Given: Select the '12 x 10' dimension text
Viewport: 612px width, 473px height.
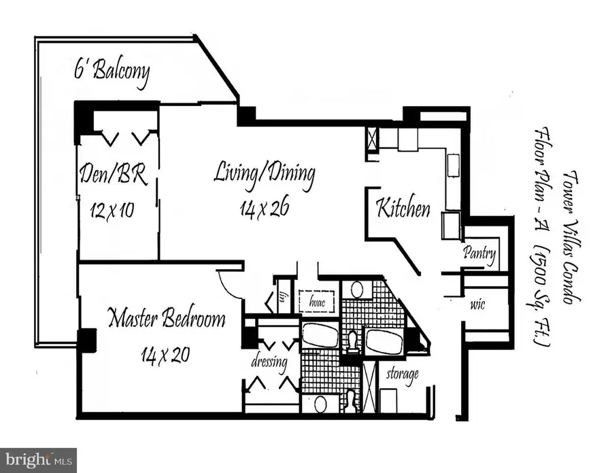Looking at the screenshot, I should tap(112, 209).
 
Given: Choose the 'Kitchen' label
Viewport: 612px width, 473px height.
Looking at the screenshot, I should tap(404, 207).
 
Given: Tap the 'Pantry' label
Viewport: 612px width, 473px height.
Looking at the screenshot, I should tap(479, 254).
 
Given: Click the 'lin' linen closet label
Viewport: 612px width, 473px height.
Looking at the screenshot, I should tap(281, 295).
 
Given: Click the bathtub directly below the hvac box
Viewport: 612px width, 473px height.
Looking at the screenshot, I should tap(320, 336).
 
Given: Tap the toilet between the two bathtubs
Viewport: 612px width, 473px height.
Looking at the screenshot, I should tap(352, 339).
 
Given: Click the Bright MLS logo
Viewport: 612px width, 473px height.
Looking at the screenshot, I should tap(39, 460).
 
